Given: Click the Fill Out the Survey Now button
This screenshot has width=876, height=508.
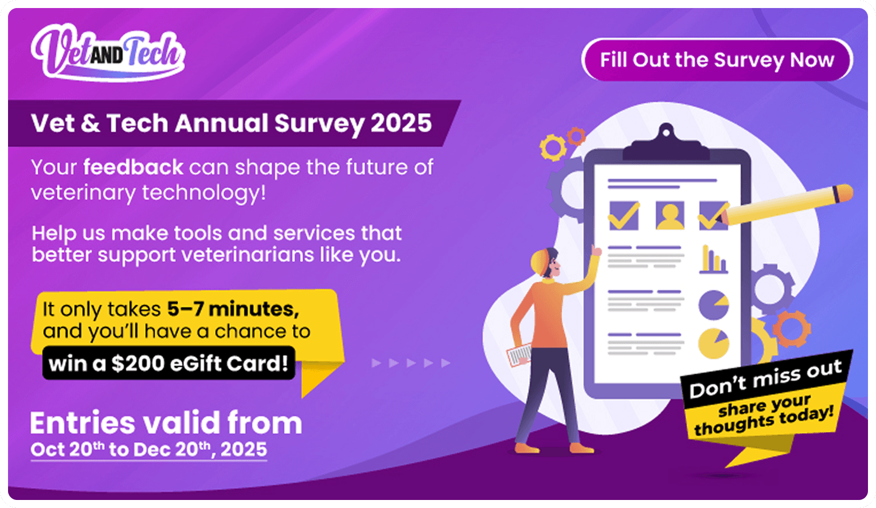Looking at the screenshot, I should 717,60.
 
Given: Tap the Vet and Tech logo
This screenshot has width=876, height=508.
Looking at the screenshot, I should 108,53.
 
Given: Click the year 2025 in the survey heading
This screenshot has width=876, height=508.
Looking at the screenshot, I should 401,123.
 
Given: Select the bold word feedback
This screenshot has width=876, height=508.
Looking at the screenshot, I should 133,167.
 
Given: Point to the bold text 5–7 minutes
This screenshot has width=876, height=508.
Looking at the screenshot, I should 233,309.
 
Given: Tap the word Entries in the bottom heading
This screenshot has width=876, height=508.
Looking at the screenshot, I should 82,423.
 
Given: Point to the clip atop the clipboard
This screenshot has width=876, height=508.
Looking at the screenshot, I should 666,142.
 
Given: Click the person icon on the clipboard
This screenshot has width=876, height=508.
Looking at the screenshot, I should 670,215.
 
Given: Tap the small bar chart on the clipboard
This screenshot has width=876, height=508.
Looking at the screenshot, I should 713,260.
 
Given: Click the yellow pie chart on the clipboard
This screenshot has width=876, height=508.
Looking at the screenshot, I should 713,343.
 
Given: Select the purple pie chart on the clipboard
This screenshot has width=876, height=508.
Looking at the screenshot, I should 713,304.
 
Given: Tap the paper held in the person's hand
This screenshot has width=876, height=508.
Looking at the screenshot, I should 519,355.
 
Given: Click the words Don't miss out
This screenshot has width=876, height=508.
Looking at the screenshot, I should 765,380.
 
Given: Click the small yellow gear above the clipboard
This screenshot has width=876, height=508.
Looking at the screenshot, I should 553,147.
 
